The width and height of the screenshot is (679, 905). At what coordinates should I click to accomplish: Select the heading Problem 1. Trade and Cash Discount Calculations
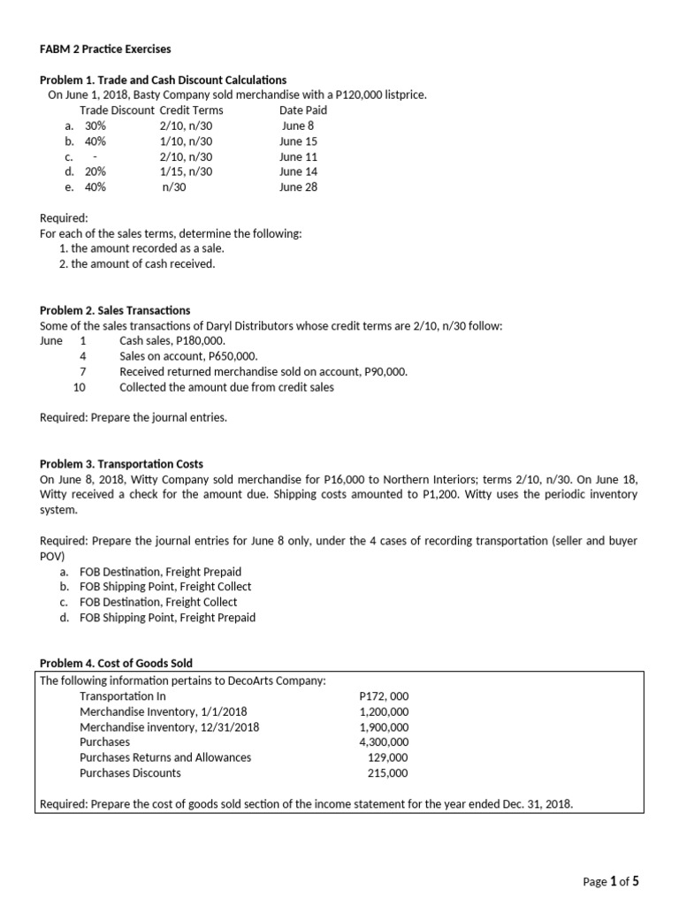164,80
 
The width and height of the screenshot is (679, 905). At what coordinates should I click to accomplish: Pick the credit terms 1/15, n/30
186,171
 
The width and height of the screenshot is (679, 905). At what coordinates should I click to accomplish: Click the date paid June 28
298,187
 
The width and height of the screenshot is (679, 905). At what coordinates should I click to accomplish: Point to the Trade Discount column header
117,110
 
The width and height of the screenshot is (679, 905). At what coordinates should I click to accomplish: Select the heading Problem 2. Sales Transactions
115,310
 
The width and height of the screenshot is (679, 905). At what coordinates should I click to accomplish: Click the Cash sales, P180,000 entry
172,341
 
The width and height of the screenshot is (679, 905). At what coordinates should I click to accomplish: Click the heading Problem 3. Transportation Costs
121,464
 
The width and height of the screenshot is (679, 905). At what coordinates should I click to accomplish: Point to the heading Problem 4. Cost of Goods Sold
116,664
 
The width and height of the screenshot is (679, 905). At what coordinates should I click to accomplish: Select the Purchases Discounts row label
130,773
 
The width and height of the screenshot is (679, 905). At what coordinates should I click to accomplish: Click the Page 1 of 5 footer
611,881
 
